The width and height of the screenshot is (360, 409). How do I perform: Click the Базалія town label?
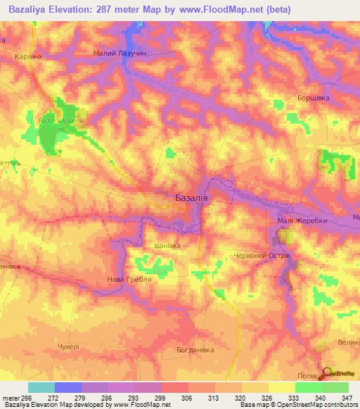click(x=190, y=199)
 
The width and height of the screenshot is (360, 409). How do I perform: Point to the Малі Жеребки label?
click(x=292, y=221)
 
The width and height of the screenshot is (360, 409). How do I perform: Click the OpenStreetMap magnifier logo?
click(x=328, y=372)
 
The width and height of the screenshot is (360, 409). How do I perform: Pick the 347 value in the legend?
click(x=346, y=398)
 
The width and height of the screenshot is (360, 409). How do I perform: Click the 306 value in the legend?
click(x=187, y=398)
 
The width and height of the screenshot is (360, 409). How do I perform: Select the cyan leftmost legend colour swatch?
click(x=41, y=387)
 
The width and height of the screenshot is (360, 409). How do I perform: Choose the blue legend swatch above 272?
click(x=67, y=387)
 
